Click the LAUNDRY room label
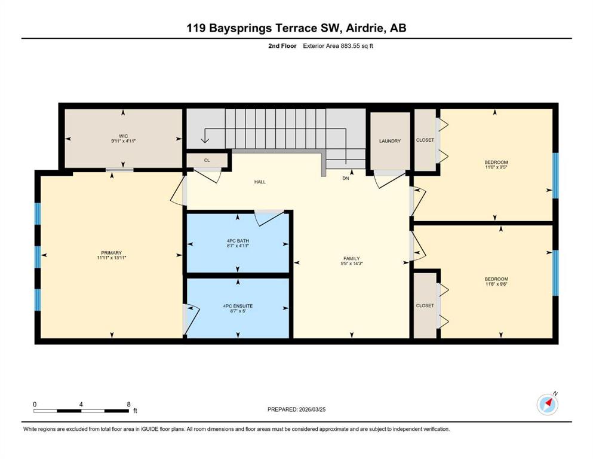coord(390,141)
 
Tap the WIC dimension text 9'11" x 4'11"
coord(123,141)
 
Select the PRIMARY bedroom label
coord(112,253)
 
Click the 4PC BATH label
coord(238,241)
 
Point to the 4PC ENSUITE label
coord(238,306)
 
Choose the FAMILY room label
coord(352,258)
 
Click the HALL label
coord(260,182)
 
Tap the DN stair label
coord(346,178)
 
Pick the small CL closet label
coord(207,160)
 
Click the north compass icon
coord(548,404)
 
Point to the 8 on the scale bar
coord(128,404)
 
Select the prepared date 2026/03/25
coord(312,409)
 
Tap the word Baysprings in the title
coord(241,28)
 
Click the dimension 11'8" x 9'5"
coord(496,167)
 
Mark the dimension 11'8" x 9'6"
coord(496,284)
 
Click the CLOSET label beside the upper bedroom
coord(425,140)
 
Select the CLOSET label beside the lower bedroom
coord(425,305)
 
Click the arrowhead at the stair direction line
coord(205,140)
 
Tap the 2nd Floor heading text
coord(282,46)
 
